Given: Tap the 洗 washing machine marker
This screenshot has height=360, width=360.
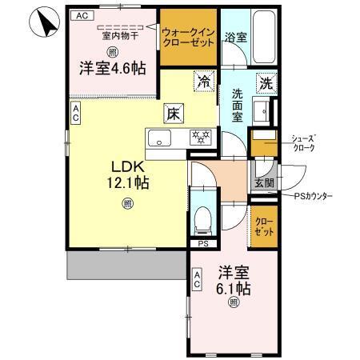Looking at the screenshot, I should pos(265,82).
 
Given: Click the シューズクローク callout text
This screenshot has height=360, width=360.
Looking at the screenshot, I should pos(304,142).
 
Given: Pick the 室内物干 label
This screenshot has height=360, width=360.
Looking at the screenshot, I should pos(118,34).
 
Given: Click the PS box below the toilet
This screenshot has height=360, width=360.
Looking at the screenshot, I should pos(202,244).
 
